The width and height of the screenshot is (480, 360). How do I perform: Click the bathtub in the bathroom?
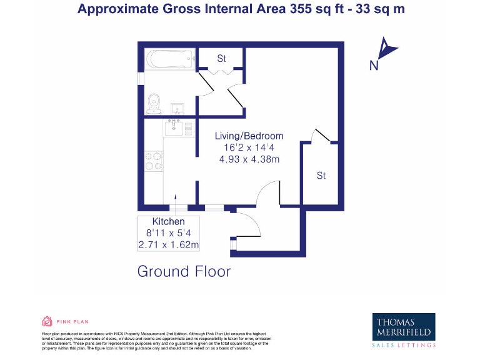[x=170, y=61]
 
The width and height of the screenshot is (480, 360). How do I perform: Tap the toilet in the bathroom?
[x=154, y=104]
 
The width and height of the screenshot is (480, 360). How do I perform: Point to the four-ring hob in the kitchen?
[x=154, y=162]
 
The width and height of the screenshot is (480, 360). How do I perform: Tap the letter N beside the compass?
[x=374, y=66]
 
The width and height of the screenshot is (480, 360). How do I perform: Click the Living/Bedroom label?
[x=249, y=136]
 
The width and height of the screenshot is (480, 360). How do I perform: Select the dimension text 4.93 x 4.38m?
[x=249, y=159]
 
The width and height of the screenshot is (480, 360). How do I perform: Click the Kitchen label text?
[x=169, y=222]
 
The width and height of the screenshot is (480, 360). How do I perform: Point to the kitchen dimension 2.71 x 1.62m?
[x=169, y=244]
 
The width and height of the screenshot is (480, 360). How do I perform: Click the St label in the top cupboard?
[x=221, y=58]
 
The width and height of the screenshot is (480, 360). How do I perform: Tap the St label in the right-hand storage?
[x=321, y=176]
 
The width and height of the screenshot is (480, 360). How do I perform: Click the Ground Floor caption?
[x=184, y=272]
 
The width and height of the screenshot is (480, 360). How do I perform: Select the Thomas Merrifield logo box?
[x=404, y=326]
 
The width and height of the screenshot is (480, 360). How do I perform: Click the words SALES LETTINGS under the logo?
[x=404, y=345]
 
